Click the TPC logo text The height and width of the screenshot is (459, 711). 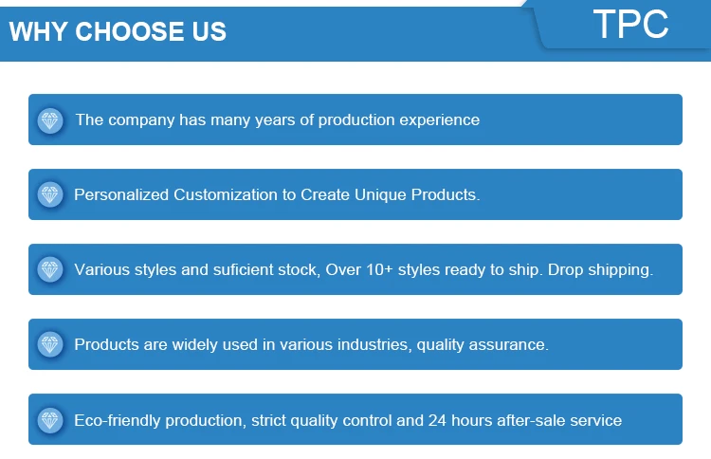[x=630, y=25]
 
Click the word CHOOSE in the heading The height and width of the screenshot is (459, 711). [x=130, y=31]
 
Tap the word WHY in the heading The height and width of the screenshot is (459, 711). [x=39, y=31]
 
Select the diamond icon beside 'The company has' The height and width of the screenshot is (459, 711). [x=50, y=120]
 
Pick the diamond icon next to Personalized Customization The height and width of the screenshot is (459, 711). [x=50, y=195]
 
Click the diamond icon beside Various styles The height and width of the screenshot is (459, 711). [x=50, y=270]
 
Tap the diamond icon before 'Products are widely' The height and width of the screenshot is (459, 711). [x=50, y=344]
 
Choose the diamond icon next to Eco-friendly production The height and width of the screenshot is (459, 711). [x=50, y=420]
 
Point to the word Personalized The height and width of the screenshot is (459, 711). [x=121, y=195]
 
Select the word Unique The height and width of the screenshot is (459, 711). [x=380, y=195]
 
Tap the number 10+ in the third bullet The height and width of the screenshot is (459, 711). [x=379, y=270]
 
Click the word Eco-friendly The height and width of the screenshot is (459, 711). [x=118, y=421]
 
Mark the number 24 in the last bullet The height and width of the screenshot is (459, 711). [x=437, y=420]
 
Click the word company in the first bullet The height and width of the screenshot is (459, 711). [x=141, y=121]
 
